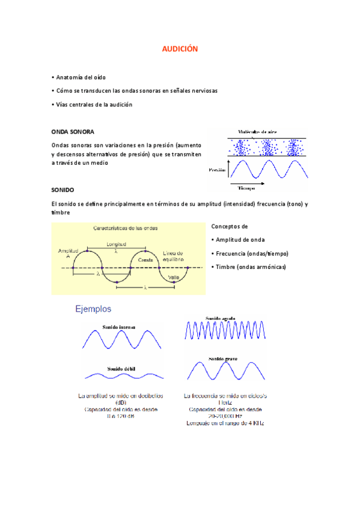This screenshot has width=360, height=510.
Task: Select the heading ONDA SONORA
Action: click(73, 131)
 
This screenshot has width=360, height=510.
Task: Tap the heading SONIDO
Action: click(63, 189)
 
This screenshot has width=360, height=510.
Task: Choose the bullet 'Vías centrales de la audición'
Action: click(93, 105)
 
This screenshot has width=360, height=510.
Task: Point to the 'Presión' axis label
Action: click(217, 170)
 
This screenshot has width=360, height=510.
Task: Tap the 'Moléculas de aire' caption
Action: click(257, 132)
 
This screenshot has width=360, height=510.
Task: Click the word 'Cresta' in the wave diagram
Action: click(145, 259)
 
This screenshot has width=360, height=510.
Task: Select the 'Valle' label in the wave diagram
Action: click(174, 277)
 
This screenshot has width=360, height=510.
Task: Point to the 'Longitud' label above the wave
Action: click(116, 245)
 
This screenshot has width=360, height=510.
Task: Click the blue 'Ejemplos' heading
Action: click(93, 309)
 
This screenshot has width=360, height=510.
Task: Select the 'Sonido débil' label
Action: click(120, 367)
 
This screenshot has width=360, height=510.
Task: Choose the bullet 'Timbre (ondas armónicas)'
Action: click(249, 266)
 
